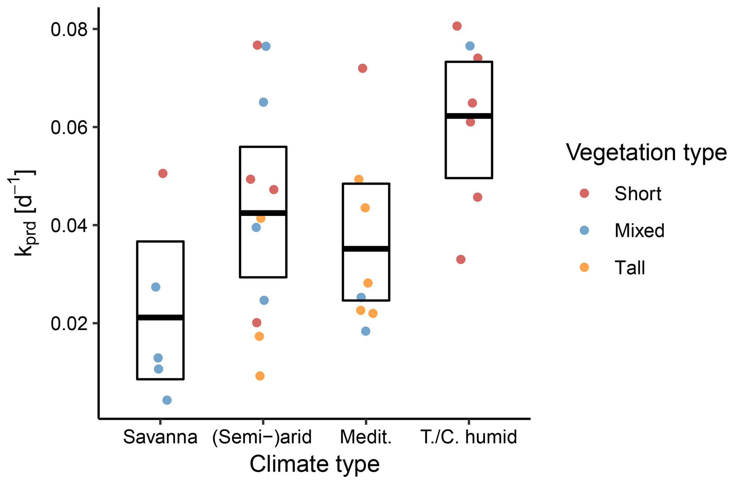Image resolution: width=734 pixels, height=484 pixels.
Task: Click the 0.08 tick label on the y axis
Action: point(69,29)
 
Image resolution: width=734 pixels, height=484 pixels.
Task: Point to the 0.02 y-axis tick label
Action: point(69,323)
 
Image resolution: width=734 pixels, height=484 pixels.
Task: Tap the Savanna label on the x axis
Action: point(160,437)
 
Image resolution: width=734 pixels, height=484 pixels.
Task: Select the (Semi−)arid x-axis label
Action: point(262,437)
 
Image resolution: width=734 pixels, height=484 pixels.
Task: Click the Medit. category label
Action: point(366,437)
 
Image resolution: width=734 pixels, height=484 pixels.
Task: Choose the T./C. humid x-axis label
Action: point(469,437)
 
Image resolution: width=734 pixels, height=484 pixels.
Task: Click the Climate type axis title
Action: point(315,464)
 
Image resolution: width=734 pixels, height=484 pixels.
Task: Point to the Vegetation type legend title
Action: point(646,152)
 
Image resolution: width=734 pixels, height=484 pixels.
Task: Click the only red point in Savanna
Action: point(163,173)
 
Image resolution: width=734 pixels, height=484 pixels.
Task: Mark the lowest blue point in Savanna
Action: point(167,400)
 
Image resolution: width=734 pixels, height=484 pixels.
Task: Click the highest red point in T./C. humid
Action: point(457,26)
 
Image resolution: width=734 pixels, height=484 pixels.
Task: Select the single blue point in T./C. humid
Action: point(470,46)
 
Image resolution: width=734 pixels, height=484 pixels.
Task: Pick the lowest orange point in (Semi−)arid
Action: point(260,376)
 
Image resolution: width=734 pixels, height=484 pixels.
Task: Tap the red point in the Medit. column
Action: point(363,68)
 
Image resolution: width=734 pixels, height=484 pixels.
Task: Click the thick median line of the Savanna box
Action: point(160,317)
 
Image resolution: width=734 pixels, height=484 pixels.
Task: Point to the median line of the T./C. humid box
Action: point(469,116)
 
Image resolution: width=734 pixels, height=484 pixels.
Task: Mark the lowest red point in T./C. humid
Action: point(461,260)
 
